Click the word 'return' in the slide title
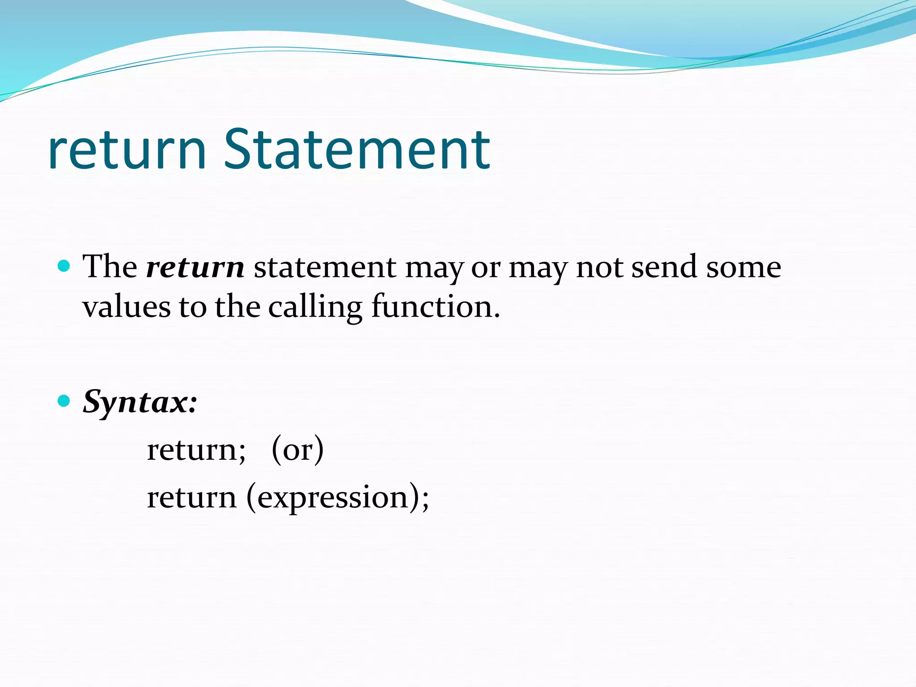(x=127, y=151)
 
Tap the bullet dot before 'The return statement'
(x=64, y=267)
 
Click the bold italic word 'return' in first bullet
(x=195, y=267)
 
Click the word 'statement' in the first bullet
(x=325, y=267)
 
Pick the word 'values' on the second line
(x=127, y=308)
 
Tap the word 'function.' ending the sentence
(x=436, y=308)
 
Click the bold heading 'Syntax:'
(x=140, y=402)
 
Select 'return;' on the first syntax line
(x=196, y=450)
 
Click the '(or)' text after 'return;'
(x=297, y=450)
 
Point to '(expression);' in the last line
(x=338, y=498)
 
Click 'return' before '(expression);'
(x=191, y=498)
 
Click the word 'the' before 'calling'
(x=237, y=308)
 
